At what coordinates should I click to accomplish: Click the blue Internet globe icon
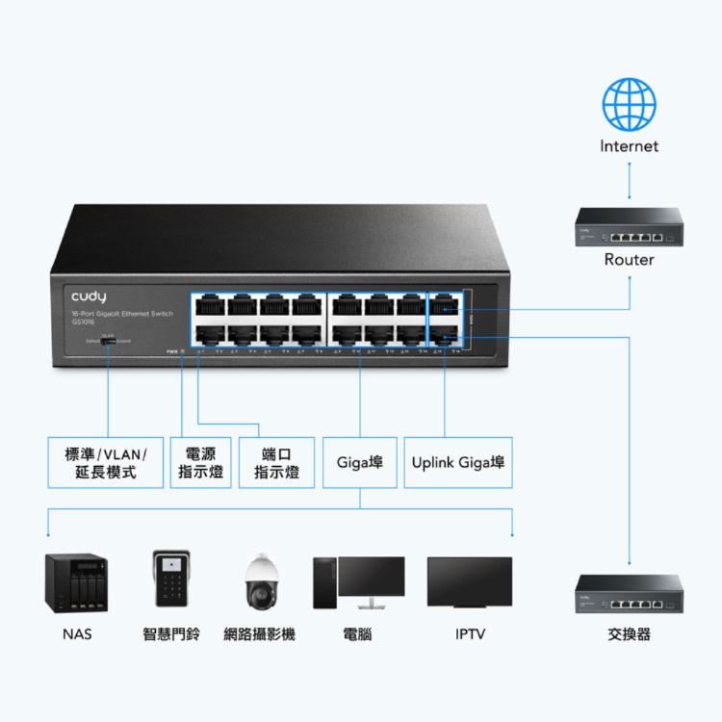pos(629,104)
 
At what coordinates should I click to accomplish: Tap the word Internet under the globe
pos(629,146)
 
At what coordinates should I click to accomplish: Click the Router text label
pos(629,260)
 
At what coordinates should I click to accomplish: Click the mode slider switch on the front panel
pos(109,341)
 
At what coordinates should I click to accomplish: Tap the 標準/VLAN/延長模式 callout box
pos(106,462)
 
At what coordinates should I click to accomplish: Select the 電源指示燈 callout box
pos(201,462)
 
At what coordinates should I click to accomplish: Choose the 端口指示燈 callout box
pos(276,462)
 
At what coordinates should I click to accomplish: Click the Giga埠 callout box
pos(359,462)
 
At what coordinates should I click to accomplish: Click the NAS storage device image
pos(76,582)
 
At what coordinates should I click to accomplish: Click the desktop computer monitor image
pos(370,580)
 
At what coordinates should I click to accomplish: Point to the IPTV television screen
pos(470,580)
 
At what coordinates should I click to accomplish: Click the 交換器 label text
pos(629,634)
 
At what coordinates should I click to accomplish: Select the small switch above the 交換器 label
pos(629,594)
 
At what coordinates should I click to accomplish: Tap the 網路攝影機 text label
pos(260,634)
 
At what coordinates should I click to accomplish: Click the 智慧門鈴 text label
pos(171,634)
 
